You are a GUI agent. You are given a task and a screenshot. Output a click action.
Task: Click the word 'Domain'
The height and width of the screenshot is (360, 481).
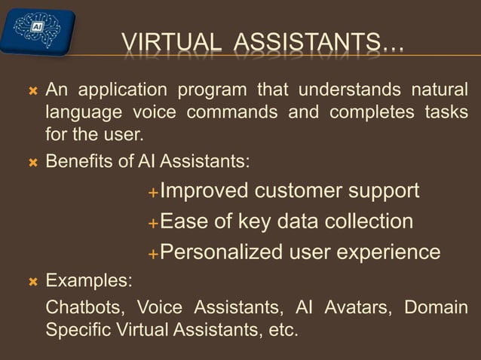pyautogui.click(x=436, y=309)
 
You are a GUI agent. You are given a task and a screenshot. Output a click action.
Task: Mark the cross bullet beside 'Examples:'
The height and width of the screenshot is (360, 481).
pyautogui.click(x=32, y=282)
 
